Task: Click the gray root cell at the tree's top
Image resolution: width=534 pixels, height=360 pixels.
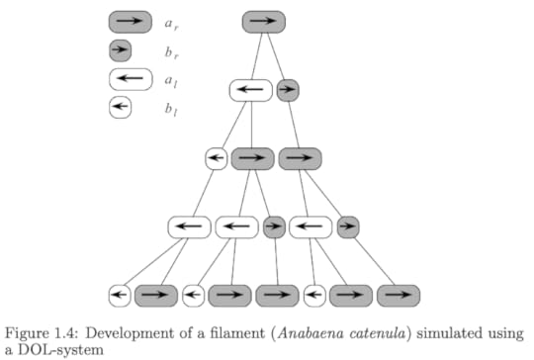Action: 263,22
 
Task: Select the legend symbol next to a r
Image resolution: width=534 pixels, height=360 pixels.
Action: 130,22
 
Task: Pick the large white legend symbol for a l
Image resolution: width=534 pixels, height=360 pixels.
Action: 130,79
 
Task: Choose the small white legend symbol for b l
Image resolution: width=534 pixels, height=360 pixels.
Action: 120,108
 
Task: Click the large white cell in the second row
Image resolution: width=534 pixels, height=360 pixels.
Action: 251,90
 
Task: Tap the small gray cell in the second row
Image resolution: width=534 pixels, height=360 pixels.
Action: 288,90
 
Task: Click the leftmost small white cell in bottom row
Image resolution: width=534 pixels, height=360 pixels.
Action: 120,295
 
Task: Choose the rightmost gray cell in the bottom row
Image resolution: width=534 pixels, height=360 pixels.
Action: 398,295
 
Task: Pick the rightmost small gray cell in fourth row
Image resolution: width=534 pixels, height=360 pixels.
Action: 347,227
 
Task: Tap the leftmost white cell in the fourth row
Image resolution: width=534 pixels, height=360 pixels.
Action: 189,227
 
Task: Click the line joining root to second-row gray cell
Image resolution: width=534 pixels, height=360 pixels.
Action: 277,56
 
